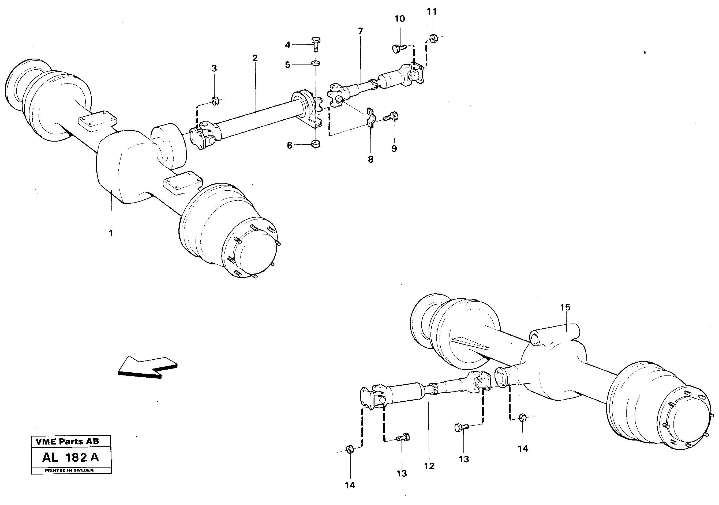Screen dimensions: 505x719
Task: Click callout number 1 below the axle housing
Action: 111,233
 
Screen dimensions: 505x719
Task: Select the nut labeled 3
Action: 215,101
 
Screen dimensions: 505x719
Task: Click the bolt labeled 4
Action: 315,44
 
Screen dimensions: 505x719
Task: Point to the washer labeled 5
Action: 316,63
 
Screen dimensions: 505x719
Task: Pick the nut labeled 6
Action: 316,144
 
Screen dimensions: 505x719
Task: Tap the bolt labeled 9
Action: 391,117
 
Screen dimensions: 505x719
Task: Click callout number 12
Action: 429,466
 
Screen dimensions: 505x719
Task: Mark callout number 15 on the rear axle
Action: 565,307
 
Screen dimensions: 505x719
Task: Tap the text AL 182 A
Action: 70,457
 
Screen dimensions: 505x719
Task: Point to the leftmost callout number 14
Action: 350,485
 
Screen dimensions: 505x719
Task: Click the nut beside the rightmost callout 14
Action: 522,418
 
